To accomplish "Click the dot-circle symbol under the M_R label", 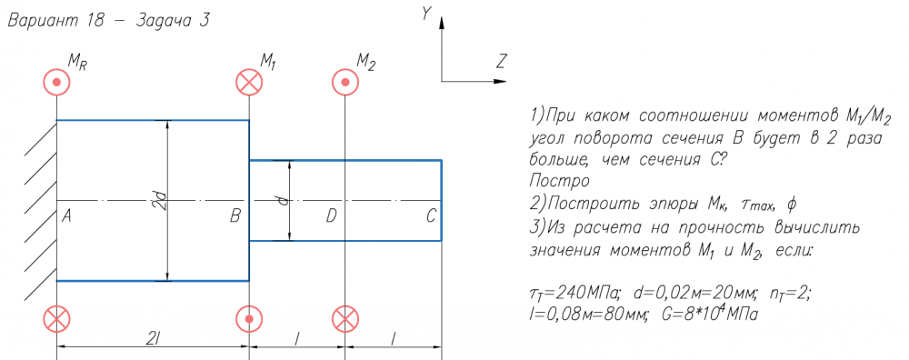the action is [56, 83].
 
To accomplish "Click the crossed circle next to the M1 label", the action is [249, 83].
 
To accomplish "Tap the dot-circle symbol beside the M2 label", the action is [345, 83].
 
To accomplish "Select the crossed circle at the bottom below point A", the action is [56, 319].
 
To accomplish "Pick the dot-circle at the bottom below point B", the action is [249, 319].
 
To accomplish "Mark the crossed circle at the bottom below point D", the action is [345, 319].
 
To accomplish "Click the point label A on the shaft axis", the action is [66, 216].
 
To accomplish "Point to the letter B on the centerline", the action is [235, 216].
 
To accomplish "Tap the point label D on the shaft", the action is [331, 216].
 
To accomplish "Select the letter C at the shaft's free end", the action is [431, 216].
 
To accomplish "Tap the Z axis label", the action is [503, 60].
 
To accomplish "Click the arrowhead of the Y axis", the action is [442, 24].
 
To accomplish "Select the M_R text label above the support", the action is [77, 63].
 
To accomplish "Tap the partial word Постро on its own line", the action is [559, 181].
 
